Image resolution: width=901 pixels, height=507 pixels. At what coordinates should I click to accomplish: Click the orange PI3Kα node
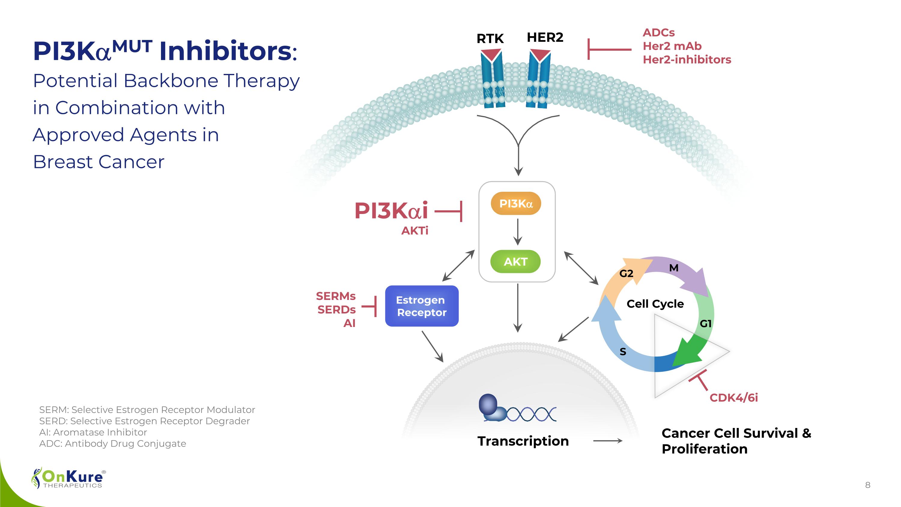tap(516, 203)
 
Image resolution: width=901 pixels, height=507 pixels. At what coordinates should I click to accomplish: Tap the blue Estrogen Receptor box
tap(421, 306)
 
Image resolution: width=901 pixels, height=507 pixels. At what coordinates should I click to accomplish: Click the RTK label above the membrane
tap(490, 38)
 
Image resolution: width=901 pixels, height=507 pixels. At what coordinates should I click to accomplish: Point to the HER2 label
tap(545, 37)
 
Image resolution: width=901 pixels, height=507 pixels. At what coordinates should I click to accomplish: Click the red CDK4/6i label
tap(733, 398)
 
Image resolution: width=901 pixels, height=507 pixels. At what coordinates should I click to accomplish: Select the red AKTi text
tap(414, 231)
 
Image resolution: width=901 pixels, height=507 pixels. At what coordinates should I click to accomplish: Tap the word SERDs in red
tap(336, 310)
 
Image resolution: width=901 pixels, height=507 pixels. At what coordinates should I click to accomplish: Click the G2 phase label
tap(626, 273)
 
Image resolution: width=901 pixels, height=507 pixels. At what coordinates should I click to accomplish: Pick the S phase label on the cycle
tap(623, 352)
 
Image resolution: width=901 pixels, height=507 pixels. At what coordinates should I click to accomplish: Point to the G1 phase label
tap(705, 324)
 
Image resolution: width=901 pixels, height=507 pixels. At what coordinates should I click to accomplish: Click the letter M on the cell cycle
tap(674, 268)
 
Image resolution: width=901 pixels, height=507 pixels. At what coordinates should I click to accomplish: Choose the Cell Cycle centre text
tap(655, 304)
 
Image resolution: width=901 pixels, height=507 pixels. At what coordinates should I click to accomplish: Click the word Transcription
tap(523, 441)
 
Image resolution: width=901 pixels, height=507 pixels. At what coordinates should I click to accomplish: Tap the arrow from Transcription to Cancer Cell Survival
tap(608, 441)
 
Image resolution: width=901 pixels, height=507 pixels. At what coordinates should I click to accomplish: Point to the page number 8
tap(867, 485)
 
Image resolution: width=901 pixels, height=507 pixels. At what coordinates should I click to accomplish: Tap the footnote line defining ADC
tap(113, 444)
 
